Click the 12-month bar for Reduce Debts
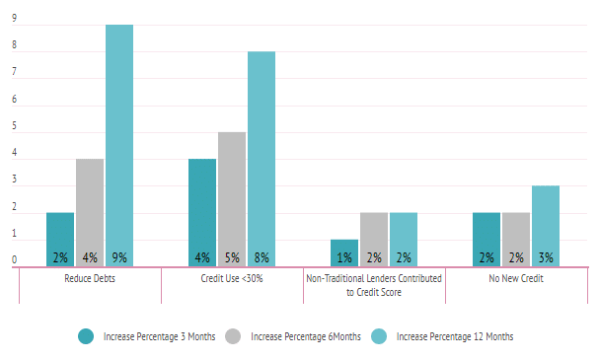(x=119, y=138)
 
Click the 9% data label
(x=119, y=257)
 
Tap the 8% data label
(x=262, y=257)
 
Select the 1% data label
(x=344, y=257)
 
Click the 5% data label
(x=232, y=257)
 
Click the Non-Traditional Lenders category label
(x=374, y=286)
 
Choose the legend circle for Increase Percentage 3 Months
(x=86, y=336)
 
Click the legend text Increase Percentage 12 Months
(x=455, y=336)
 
